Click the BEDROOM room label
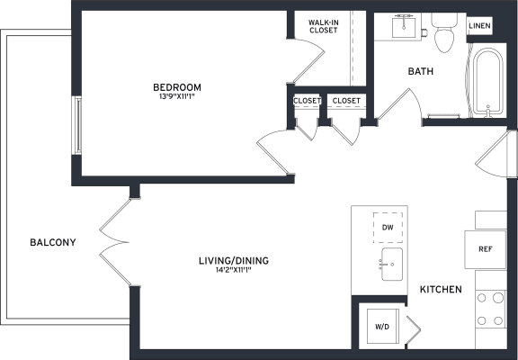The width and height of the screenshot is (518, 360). point(177,87)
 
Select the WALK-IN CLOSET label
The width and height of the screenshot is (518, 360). point(324,26)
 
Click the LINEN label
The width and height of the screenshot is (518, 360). point(479,25)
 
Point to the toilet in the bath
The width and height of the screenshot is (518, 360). point(444,32)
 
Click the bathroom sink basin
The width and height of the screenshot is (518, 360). point(404,27)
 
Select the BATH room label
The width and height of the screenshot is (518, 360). point(421,71)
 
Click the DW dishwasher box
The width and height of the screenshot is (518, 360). point(388,228)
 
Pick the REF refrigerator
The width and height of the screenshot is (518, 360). point(486,249)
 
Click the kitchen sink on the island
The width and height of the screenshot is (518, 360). point(392,264)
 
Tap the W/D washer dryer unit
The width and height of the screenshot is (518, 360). point(383,327)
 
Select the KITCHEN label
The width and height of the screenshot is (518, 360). point(441,290)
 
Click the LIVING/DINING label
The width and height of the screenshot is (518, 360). point(234,261)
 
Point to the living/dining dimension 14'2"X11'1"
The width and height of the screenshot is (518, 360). point(234,270)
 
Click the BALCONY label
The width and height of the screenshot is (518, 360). point(53,242)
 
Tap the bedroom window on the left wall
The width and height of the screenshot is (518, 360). point(76,125)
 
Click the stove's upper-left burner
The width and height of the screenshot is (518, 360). point(482,298)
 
